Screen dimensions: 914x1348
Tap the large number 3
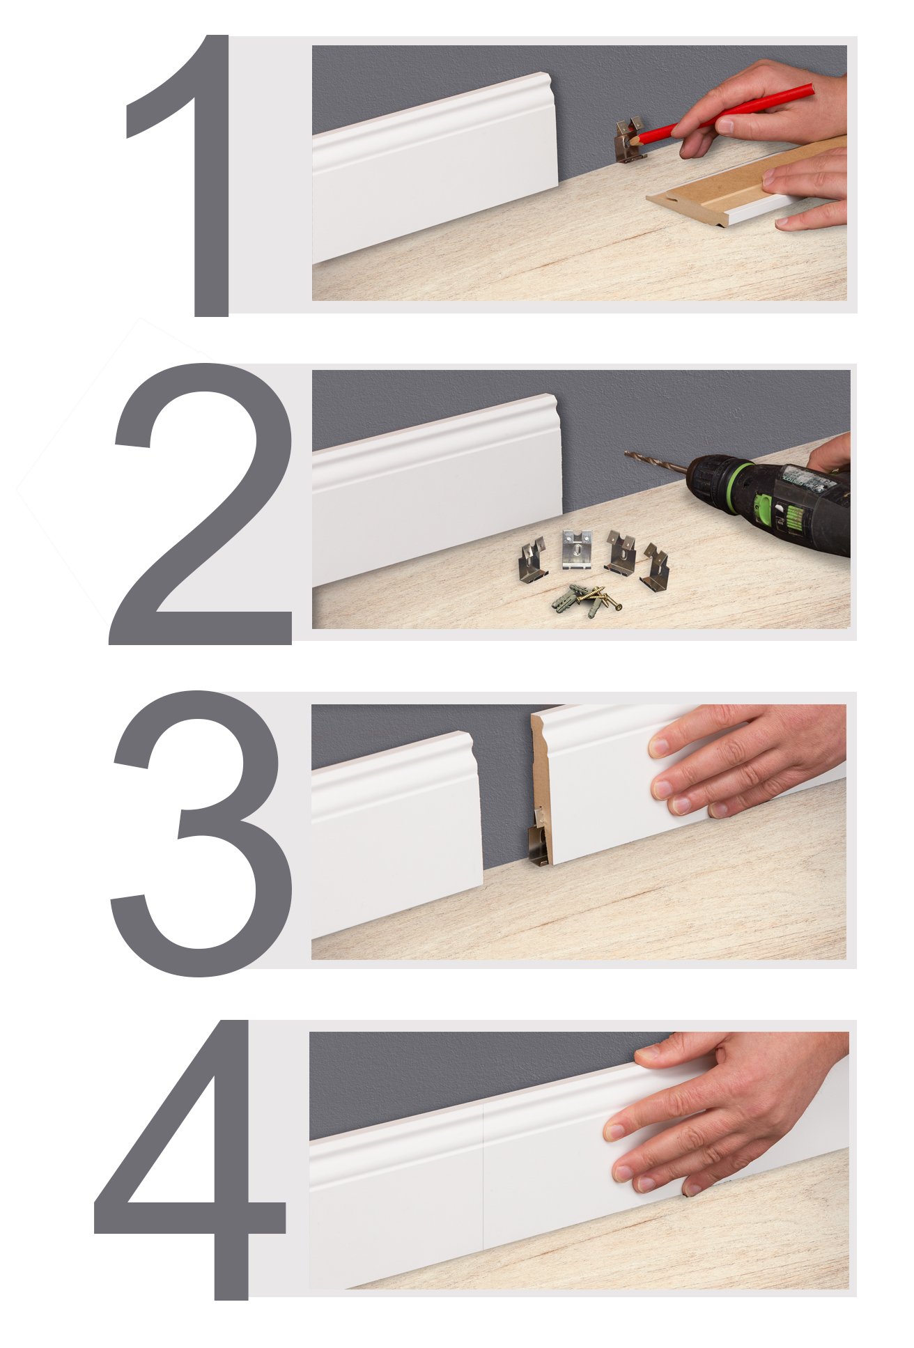pos(202,832)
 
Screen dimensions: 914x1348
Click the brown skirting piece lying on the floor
pos(738,183)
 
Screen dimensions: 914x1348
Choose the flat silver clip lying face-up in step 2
pos(577,548)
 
